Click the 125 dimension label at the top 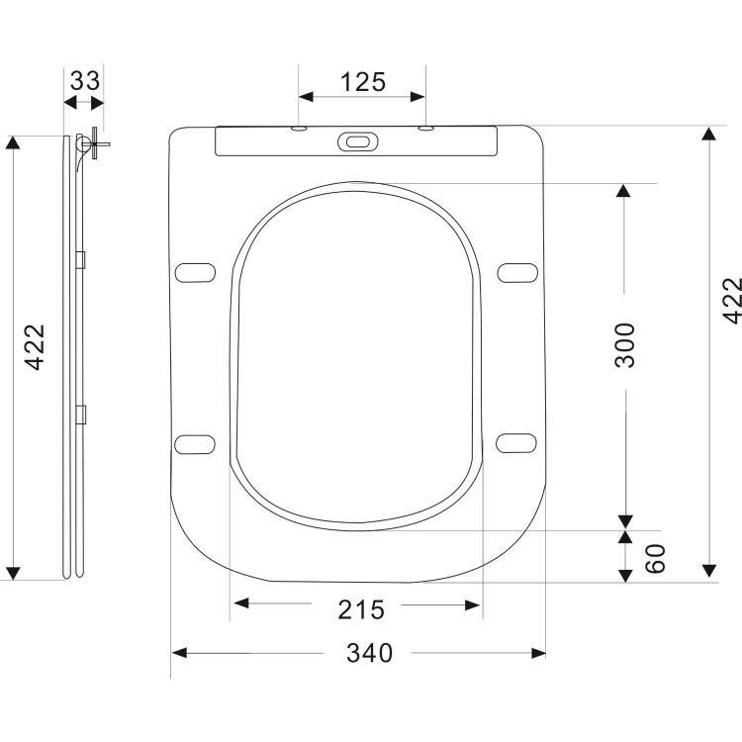pos(363,82)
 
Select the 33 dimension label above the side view pos(85,80)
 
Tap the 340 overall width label pos(370,653)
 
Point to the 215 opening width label pos(363,609)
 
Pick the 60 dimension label pos(655,557)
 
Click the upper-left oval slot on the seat pos(195,271)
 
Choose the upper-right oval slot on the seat pos(519,271)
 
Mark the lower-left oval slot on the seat pos(195,441)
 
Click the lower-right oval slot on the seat pos(519,441)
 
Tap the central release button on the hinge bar pos(357,142)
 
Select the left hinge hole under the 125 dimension pos(299,129)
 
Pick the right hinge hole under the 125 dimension pos(425,129)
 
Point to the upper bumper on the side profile pos(82,259)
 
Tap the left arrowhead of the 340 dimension pos(179,653)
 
